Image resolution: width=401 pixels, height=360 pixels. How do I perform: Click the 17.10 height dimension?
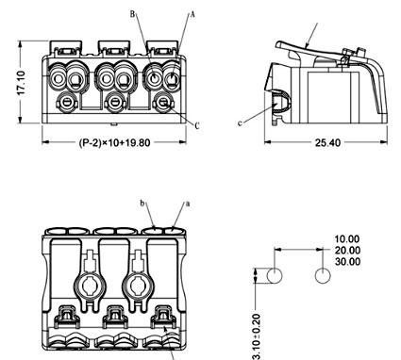tap(21, 83)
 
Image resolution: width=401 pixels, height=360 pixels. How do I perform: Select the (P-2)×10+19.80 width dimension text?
tap(114, 142)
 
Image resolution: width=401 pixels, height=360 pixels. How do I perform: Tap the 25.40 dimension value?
tap(327, 143)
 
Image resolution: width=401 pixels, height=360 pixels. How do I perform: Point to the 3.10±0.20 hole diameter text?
tap(257, 336)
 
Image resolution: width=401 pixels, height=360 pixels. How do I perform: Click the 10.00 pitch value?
tap(346, 239)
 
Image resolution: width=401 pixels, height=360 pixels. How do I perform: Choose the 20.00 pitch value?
tap(347, 251)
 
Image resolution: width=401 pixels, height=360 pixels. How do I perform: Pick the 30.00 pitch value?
tap(347, 261)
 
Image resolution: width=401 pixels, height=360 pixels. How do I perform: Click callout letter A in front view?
tap(192, 14)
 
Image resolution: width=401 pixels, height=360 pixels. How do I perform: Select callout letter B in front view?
tap(132, 14)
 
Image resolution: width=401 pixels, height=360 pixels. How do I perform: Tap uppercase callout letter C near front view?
tap(197, 126)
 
